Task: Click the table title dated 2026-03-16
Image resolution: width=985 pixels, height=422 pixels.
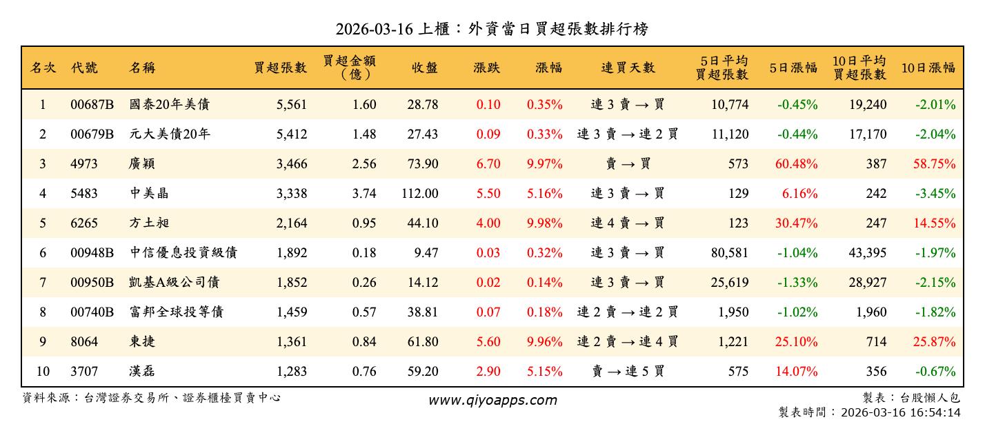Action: point(491,29)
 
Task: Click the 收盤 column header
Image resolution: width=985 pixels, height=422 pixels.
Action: point(425,68)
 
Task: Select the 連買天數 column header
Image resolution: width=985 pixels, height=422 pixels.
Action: point(628,68)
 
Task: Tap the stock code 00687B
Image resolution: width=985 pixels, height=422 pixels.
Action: point(92,105)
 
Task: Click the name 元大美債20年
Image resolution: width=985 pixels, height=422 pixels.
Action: point(170,134)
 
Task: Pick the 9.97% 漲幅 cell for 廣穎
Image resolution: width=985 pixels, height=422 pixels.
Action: point(545,164)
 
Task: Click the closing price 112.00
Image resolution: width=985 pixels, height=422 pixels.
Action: point(420,194)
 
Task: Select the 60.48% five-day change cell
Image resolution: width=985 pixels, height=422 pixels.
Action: point(797,164)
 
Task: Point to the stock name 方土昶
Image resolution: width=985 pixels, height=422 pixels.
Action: point(150,223)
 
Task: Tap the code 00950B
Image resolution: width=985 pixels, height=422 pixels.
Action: point(92,283)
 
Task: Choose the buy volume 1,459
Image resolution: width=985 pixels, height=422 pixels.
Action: point(291,312)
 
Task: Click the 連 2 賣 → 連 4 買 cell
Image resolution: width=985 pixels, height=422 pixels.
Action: point(628,342)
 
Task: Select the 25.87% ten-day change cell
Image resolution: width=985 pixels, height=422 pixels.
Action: point(935,342)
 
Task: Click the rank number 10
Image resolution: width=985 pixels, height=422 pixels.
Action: point(43,372)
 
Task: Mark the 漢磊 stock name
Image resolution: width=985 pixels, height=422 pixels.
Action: point(142,372)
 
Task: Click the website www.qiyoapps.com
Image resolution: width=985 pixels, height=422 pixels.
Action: point(492,400)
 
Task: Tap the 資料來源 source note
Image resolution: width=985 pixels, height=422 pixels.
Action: point(152,398)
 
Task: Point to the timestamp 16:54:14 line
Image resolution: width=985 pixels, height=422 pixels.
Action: point(869,412)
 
